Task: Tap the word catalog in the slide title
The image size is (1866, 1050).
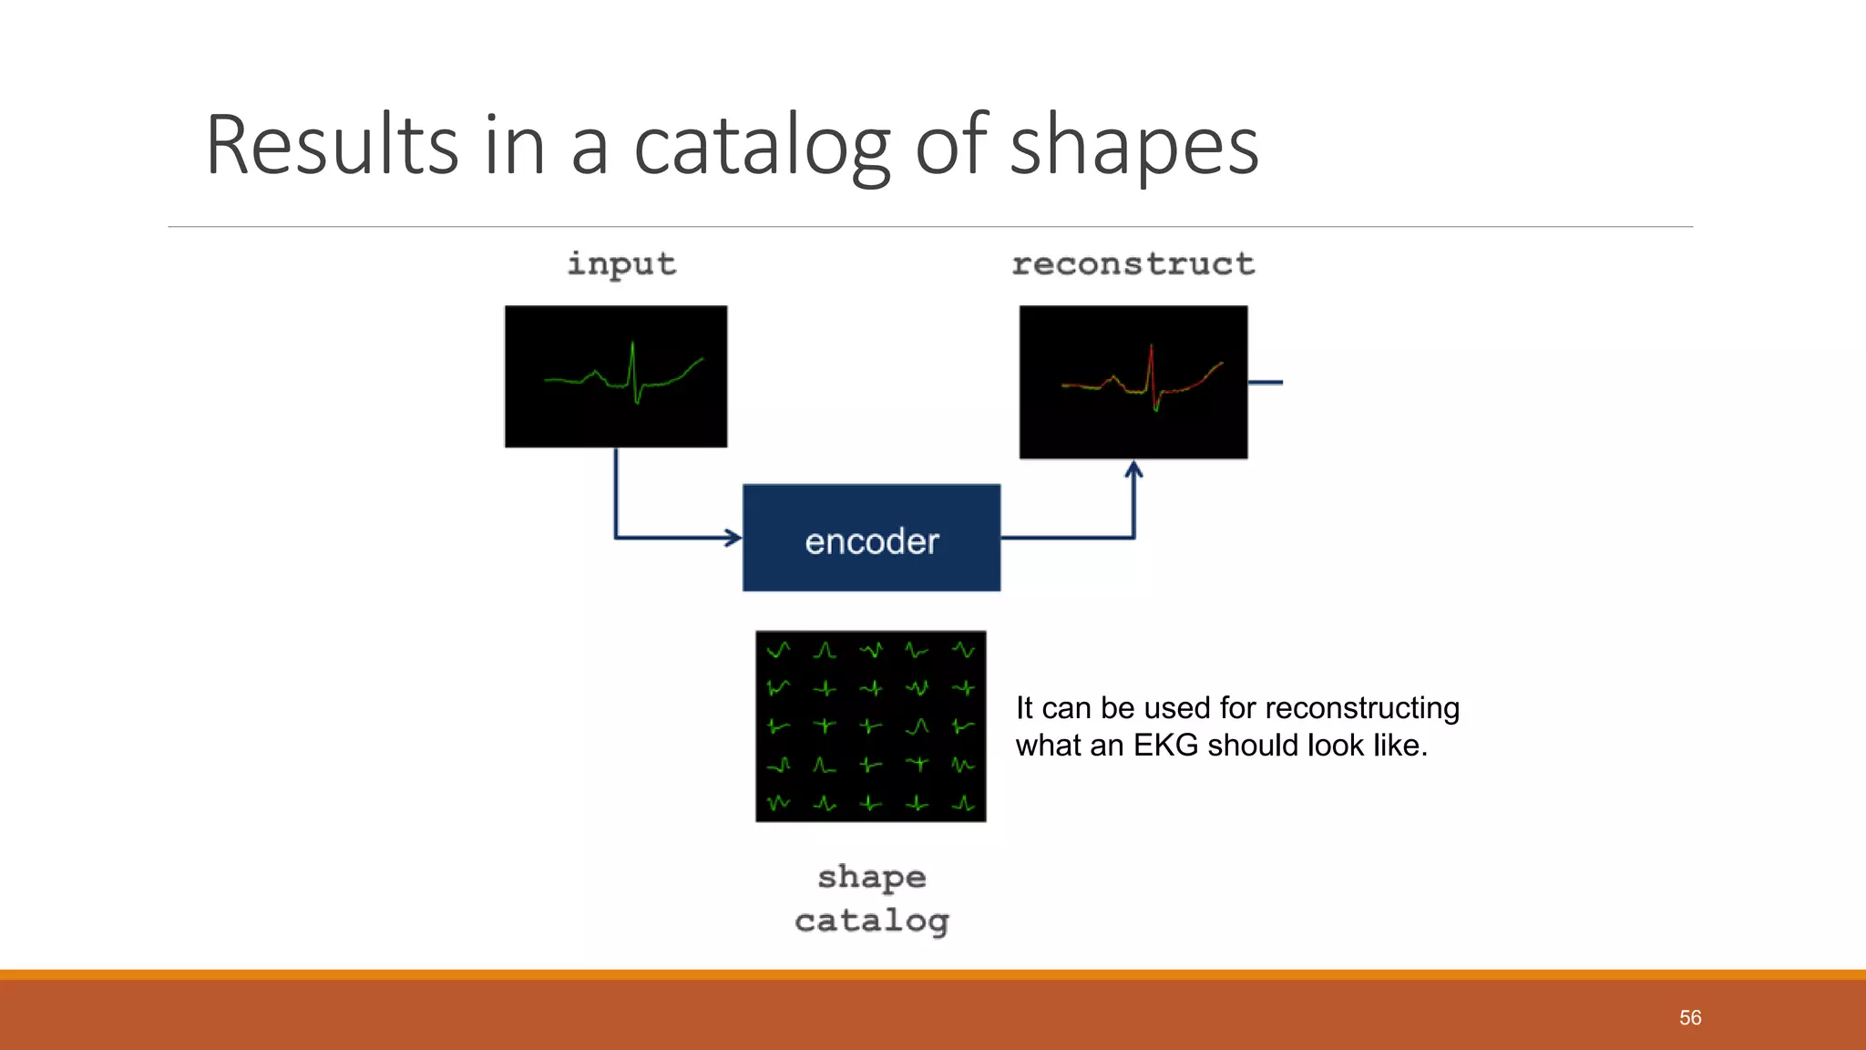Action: point(761,146)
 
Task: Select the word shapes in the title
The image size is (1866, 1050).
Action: point(1134,146)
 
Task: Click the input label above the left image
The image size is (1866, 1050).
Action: point(621,264)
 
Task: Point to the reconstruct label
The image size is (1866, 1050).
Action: point(1133,264)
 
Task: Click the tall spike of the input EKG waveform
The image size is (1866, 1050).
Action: point(632,360)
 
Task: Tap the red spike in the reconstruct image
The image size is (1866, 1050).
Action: point(1152,365)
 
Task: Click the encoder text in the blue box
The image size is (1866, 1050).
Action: point(872,541)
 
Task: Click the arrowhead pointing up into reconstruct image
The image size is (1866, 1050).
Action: point(1133,470)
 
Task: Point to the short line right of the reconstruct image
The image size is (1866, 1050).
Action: point(1266,383)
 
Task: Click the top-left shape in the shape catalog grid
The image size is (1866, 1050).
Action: point(778,651)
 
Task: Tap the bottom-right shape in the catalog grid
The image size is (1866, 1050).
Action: point(964,804)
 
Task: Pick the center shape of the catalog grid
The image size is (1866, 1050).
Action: point(871,726)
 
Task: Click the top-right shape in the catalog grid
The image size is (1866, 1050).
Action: point(964,651)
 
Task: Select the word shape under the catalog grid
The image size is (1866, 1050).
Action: point(872,878)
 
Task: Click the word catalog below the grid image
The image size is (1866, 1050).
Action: point(872,921)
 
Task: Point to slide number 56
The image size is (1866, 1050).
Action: point(1690,1017)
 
